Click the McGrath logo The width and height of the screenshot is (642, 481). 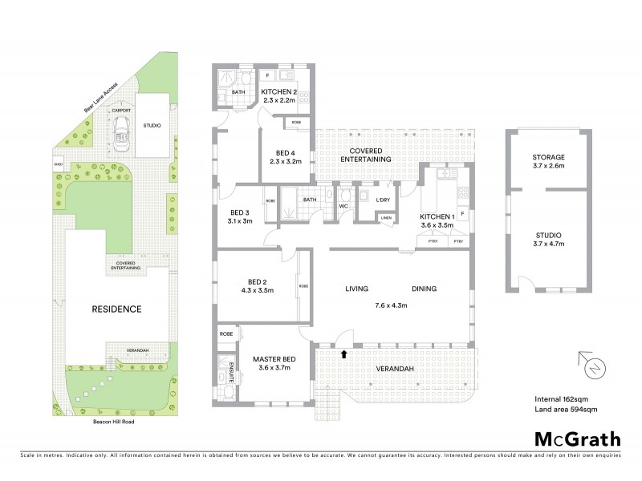tap(577, 439)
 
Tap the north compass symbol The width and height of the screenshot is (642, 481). tap(594, 368)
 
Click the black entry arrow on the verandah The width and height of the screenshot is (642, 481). tap(344, 354)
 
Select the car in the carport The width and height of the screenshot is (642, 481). tap(122, 131)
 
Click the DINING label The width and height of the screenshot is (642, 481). tap(425, 289)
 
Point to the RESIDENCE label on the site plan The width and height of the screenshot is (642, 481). tap(116, 309)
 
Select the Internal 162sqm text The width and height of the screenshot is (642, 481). tap(563, 398)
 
